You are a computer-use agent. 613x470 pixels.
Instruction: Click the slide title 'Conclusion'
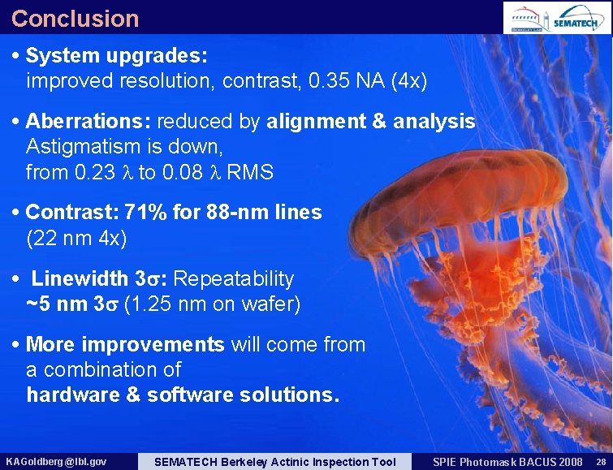coord(75,18)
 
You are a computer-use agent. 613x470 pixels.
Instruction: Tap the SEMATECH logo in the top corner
coord(579,19)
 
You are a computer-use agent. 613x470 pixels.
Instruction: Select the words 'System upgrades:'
coord(117,56)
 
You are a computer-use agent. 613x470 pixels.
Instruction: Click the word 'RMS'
coord(250,173)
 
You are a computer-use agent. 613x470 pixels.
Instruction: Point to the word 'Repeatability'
coord(234,279)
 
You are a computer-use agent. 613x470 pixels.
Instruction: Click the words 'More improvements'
coord(125,344)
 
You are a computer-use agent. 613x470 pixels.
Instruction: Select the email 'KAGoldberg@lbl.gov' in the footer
coord(55,462)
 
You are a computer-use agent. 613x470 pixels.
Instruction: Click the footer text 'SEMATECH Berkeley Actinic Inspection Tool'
coord(274,462)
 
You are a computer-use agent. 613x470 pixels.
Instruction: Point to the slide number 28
coord(600,462)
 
